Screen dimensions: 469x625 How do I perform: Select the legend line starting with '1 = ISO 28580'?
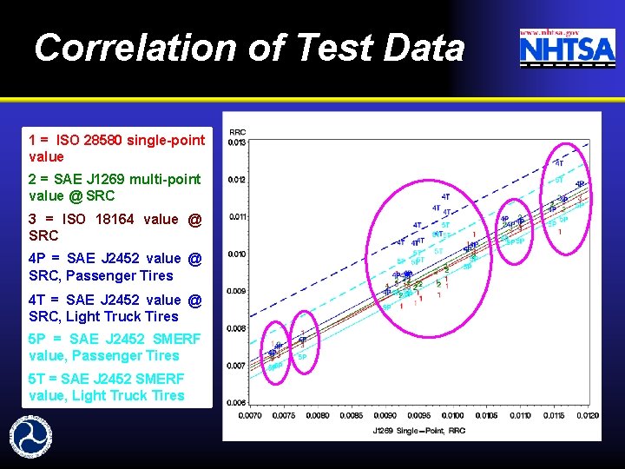116,149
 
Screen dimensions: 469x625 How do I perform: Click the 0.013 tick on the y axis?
236,142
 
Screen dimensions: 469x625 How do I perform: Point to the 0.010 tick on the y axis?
236,254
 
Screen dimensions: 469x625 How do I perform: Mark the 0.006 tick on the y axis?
236,403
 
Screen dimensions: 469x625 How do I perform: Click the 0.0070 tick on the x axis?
249,415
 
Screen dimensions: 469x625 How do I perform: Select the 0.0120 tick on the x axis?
588,415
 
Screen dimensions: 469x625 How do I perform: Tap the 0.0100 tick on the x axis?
452,415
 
